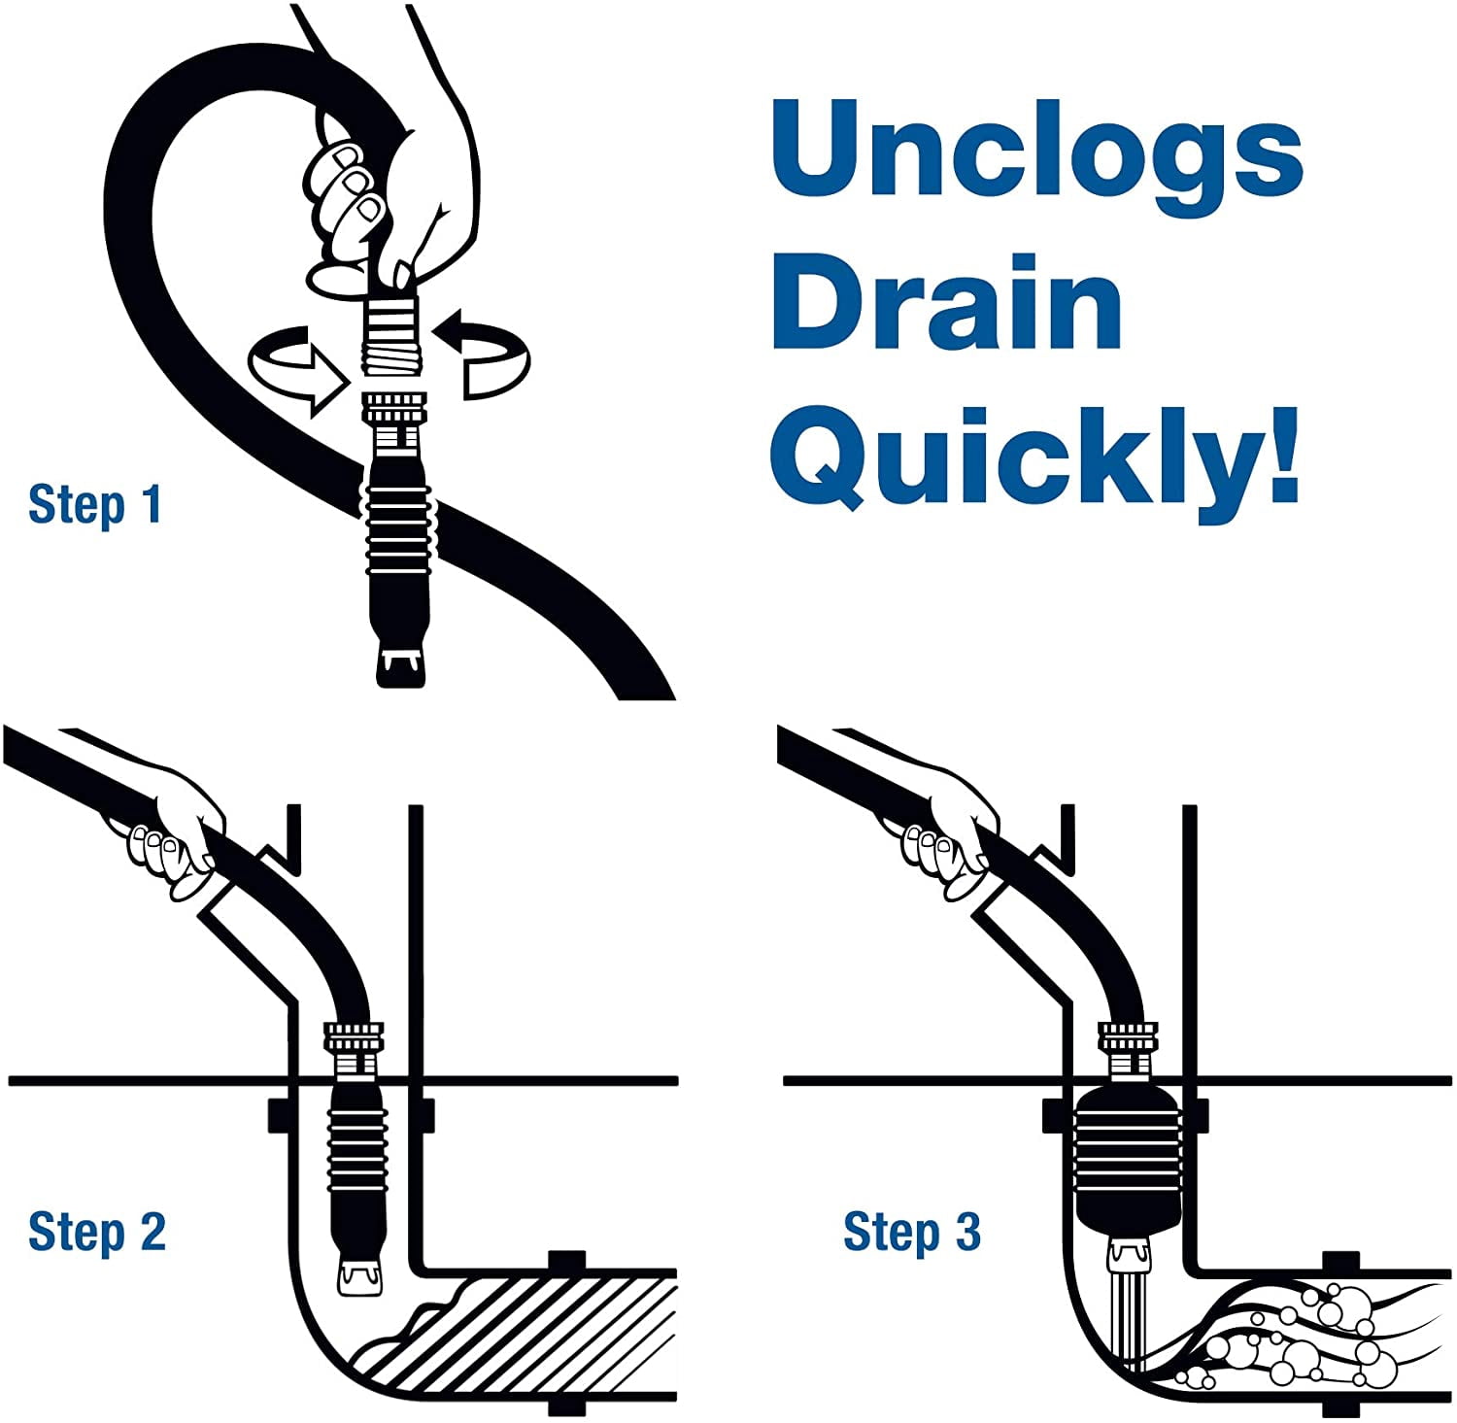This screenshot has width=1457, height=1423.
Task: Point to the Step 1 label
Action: point(95,504)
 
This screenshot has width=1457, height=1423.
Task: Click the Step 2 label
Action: point(97,1232)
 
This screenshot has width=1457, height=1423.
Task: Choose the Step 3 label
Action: point(912,1232)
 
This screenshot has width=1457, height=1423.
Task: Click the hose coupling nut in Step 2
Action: point(357,1039)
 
